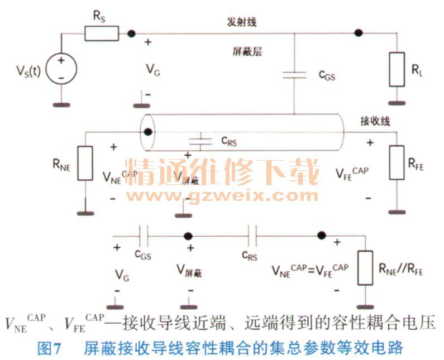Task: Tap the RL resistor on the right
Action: coord(397,69)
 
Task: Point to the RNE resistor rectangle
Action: coord(85,163)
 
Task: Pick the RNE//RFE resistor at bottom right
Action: coord(366,269)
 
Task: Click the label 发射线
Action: coord(242,22)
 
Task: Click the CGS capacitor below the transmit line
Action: coord(294,75)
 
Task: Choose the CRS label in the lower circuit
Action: coord(250,255)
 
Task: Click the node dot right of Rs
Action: coord(131,33)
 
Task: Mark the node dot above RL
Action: coord(359,33)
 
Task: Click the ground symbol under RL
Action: coord(397,102)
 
